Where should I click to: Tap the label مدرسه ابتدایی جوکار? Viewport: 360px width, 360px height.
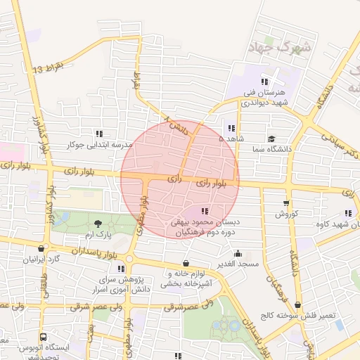(99, 145)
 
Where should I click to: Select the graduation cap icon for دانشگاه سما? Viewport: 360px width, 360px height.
(271, 139)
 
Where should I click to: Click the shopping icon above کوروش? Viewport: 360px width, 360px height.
(285, 202)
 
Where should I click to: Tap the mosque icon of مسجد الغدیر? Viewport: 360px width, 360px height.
(238, 254)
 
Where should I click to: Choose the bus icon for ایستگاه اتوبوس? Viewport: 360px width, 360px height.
(42, 337)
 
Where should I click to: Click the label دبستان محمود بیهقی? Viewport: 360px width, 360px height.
(205, 221)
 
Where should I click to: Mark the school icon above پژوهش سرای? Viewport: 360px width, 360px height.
(122, 268)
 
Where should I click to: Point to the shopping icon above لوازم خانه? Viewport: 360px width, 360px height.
(186, 263)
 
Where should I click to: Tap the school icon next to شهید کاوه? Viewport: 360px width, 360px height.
(348, 214)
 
